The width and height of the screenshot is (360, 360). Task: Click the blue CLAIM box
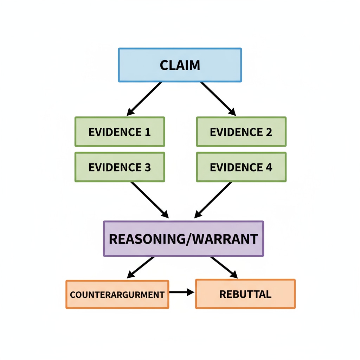click(x=180, y=65)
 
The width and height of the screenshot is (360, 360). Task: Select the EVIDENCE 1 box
click(x=120, y=132)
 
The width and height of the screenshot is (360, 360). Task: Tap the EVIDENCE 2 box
click(x=241, y=132)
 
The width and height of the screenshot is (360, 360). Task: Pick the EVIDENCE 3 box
click(x=120, y=167)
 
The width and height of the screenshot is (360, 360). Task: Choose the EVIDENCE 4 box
click(x=241, y=167)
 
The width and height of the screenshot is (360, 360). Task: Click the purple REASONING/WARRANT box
click(x=183, y=239)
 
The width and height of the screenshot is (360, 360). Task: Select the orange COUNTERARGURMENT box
click(x=117, y=294)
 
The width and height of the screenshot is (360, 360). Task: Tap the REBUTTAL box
click(x=245, y=294)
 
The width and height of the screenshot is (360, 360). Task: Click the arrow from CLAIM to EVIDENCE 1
click(x=144, y=99)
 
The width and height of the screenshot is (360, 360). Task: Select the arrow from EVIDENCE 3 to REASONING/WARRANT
click(x=149, y=200)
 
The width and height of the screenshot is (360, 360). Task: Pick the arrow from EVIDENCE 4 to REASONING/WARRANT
click(x=213, y=200)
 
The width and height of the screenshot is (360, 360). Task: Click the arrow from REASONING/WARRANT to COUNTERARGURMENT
click(x=141, y=268)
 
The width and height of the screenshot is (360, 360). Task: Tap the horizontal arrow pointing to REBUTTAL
click(x=181, y=292)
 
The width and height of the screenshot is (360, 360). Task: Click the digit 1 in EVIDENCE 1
click(x=148, y=132)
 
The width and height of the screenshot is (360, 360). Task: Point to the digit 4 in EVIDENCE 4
click(x=269, y=167)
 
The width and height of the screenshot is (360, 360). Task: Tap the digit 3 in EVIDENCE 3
click(x=148, y=167)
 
